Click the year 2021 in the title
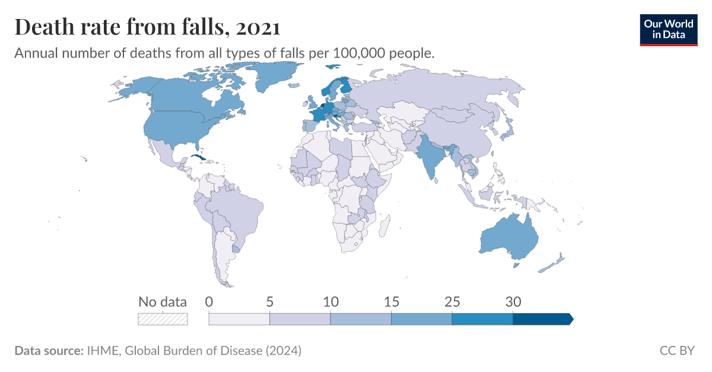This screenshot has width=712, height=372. (258, 27)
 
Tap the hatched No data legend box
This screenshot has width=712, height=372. (163, 319)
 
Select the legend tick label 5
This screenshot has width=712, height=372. (269, 301)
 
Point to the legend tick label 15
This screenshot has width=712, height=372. (391, 301)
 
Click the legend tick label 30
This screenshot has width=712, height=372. (513, 301)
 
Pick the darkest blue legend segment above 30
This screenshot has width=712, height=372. (542, 319)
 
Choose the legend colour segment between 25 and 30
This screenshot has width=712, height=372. (482, 319)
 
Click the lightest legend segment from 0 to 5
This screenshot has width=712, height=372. (239, 319)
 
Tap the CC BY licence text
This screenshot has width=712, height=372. (676, 351)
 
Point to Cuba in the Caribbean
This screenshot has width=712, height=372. (200, 160)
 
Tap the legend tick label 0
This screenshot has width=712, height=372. (209, 301)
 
